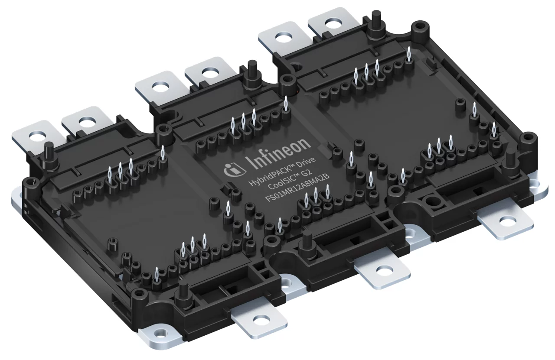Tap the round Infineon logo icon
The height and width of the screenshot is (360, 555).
tap(230, 171)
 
